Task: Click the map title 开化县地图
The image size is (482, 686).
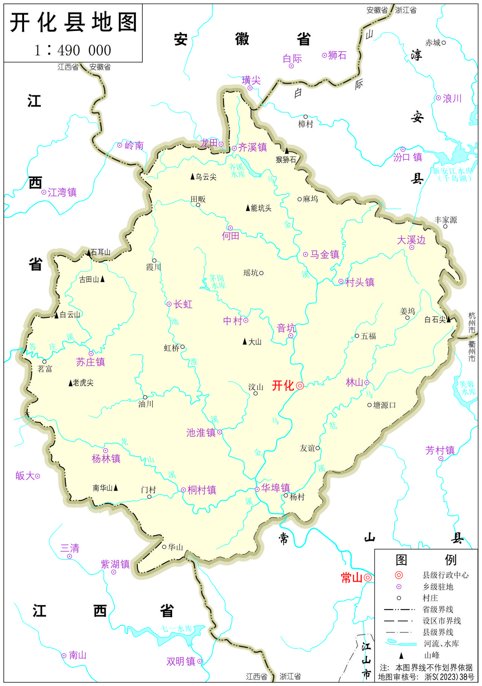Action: tap(73, 23)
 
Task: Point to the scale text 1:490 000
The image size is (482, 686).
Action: tap(73, 50)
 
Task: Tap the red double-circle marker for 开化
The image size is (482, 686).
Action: tap(300, 386)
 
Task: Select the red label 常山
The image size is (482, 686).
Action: tap(351, 578)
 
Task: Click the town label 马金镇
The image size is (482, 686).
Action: tap(325, 255)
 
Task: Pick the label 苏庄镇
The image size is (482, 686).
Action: tap(90, 362)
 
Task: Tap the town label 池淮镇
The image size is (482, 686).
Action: tap(201, 433)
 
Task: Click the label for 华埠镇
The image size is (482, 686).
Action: tap(276, 488)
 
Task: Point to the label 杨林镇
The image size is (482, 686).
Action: tap(106, 459)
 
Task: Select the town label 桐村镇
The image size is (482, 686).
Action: tap(202, 490)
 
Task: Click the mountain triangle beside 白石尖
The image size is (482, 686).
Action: tap(448, 320)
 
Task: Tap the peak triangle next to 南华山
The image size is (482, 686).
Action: tap(116, 488)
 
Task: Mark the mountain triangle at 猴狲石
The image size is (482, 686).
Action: tap(287, 151)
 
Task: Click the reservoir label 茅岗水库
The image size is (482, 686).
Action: tap(217, 282)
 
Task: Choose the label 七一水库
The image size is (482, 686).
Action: tap(177, 629)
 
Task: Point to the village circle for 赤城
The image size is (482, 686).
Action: tap(444, 43)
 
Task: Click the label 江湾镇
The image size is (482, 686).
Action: tap(62, 193)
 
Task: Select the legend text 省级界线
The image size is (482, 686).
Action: tap(438, 609)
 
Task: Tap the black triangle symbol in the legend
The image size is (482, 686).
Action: tap(401, 656)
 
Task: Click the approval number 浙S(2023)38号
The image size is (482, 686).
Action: tap(449, 677)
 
